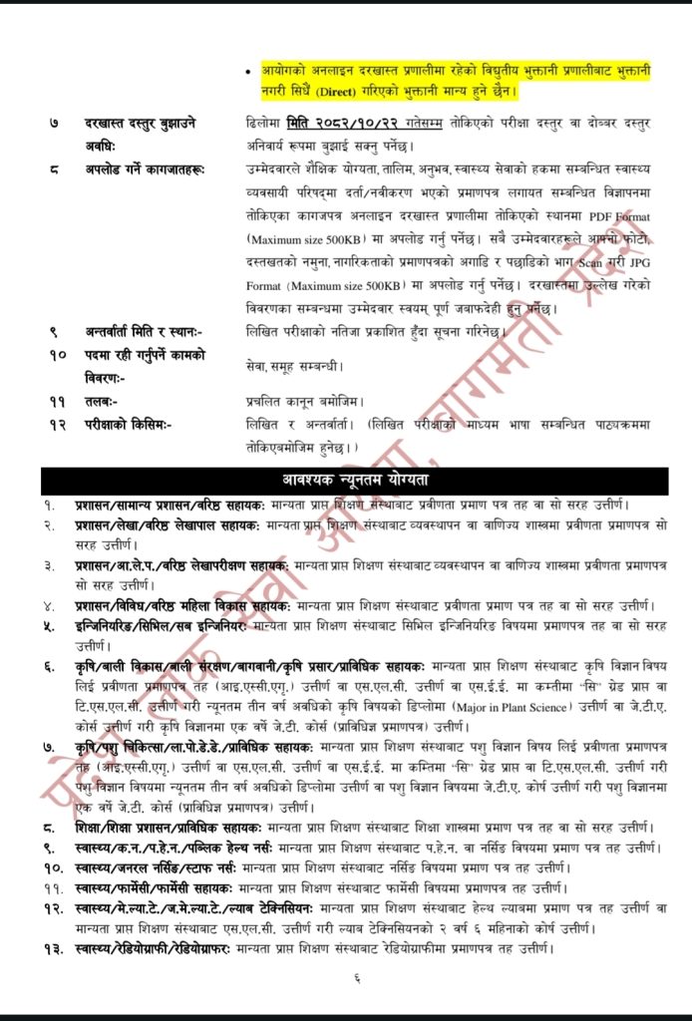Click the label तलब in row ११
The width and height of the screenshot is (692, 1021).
coord(101,401)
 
